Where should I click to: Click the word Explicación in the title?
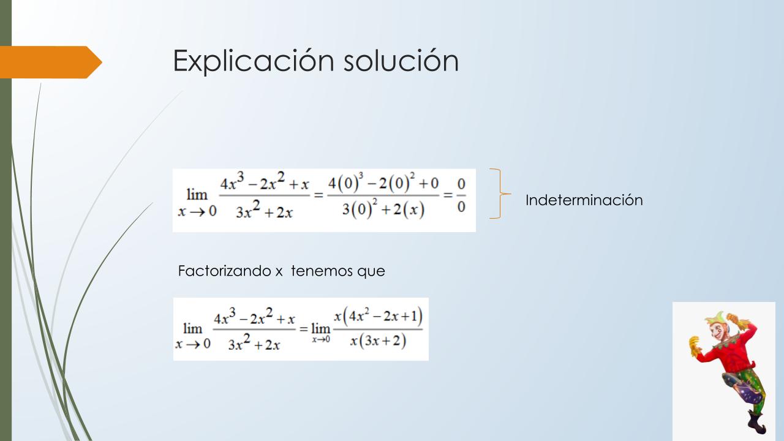254,62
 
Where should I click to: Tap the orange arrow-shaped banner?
51,62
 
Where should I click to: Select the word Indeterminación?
584,200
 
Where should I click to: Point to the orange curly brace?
501,194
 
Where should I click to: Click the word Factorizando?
224,271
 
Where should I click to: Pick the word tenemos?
317,271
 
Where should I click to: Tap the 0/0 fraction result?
461,195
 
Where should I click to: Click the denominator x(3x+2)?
378,341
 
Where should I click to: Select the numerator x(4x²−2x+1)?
378,317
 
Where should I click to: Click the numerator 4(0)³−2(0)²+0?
383,183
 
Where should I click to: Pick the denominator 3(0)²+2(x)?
383,209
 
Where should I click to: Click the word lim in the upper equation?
197,194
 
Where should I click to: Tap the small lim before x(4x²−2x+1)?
320,328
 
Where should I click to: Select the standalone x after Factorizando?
279,272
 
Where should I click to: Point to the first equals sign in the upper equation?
318,195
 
